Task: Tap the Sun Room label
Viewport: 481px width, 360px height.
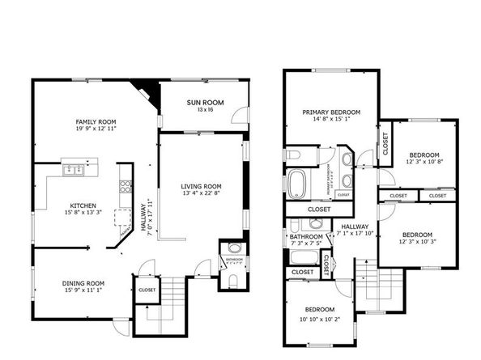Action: click(x=205, y=102)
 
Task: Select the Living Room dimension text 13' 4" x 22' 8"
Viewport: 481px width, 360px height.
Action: click(x=200, y=194)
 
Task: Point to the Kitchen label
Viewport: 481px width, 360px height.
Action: click(x=83, y=205)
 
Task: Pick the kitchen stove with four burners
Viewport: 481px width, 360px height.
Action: click(x=126, y=185)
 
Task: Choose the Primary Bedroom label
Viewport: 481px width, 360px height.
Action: click(x=331, y=112)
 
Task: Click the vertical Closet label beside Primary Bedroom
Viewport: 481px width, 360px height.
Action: click(x=385, y=143)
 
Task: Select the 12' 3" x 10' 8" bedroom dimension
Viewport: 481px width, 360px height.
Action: click(x=424, y=162)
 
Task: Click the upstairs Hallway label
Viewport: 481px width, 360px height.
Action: click(x=355, y=227)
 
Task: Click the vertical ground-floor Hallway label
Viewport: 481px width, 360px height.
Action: click(x=143, y=217)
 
